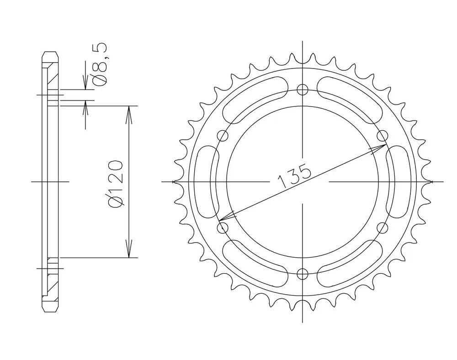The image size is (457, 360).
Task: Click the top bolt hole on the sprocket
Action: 302,90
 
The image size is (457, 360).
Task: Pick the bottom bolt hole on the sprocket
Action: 302,274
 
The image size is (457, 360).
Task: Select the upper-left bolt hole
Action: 223,136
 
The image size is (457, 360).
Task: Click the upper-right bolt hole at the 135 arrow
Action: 382,135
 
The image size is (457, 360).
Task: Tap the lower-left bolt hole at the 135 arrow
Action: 223,228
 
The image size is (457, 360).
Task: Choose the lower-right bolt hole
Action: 382,228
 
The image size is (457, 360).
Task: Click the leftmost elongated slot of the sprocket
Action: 207,181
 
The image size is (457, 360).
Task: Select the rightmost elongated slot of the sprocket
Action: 398,181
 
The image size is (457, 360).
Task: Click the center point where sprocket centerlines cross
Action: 302,181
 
